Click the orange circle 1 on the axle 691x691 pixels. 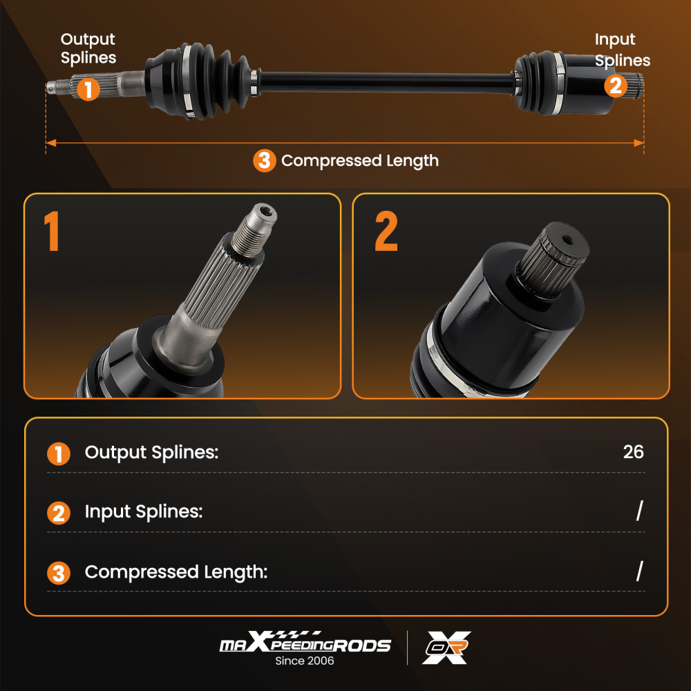click(x=88, y=89)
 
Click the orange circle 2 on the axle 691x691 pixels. click(x=616, y=86)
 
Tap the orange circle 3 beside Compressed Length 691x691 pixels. click(x=264, y=161)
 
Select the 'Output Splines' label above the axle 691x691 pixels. click(x=88, y=48)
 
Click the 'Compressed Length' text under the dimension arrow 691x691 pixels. click(x=360, y=161)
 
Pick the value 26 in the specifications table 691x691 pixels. click(x=633, y=452)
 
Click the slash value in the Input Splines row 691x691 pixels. click(x=639, y=511)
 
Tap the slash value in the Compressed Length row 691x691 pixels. click(x=639, y=571)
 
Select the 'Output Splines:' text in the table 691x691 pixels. click(x=151, y=453)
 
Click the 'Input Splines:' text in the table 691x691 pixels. click(x=143, y=512)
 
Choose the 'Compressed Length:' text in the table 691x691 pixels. click(x=176, y=572)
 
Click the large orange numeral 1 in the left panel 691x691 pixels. click(x=51, y=231)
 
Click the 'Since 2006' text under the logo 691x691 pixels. click(x=304, y=661)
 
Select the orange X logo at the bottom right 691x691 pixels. click(x=446, y=647)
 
